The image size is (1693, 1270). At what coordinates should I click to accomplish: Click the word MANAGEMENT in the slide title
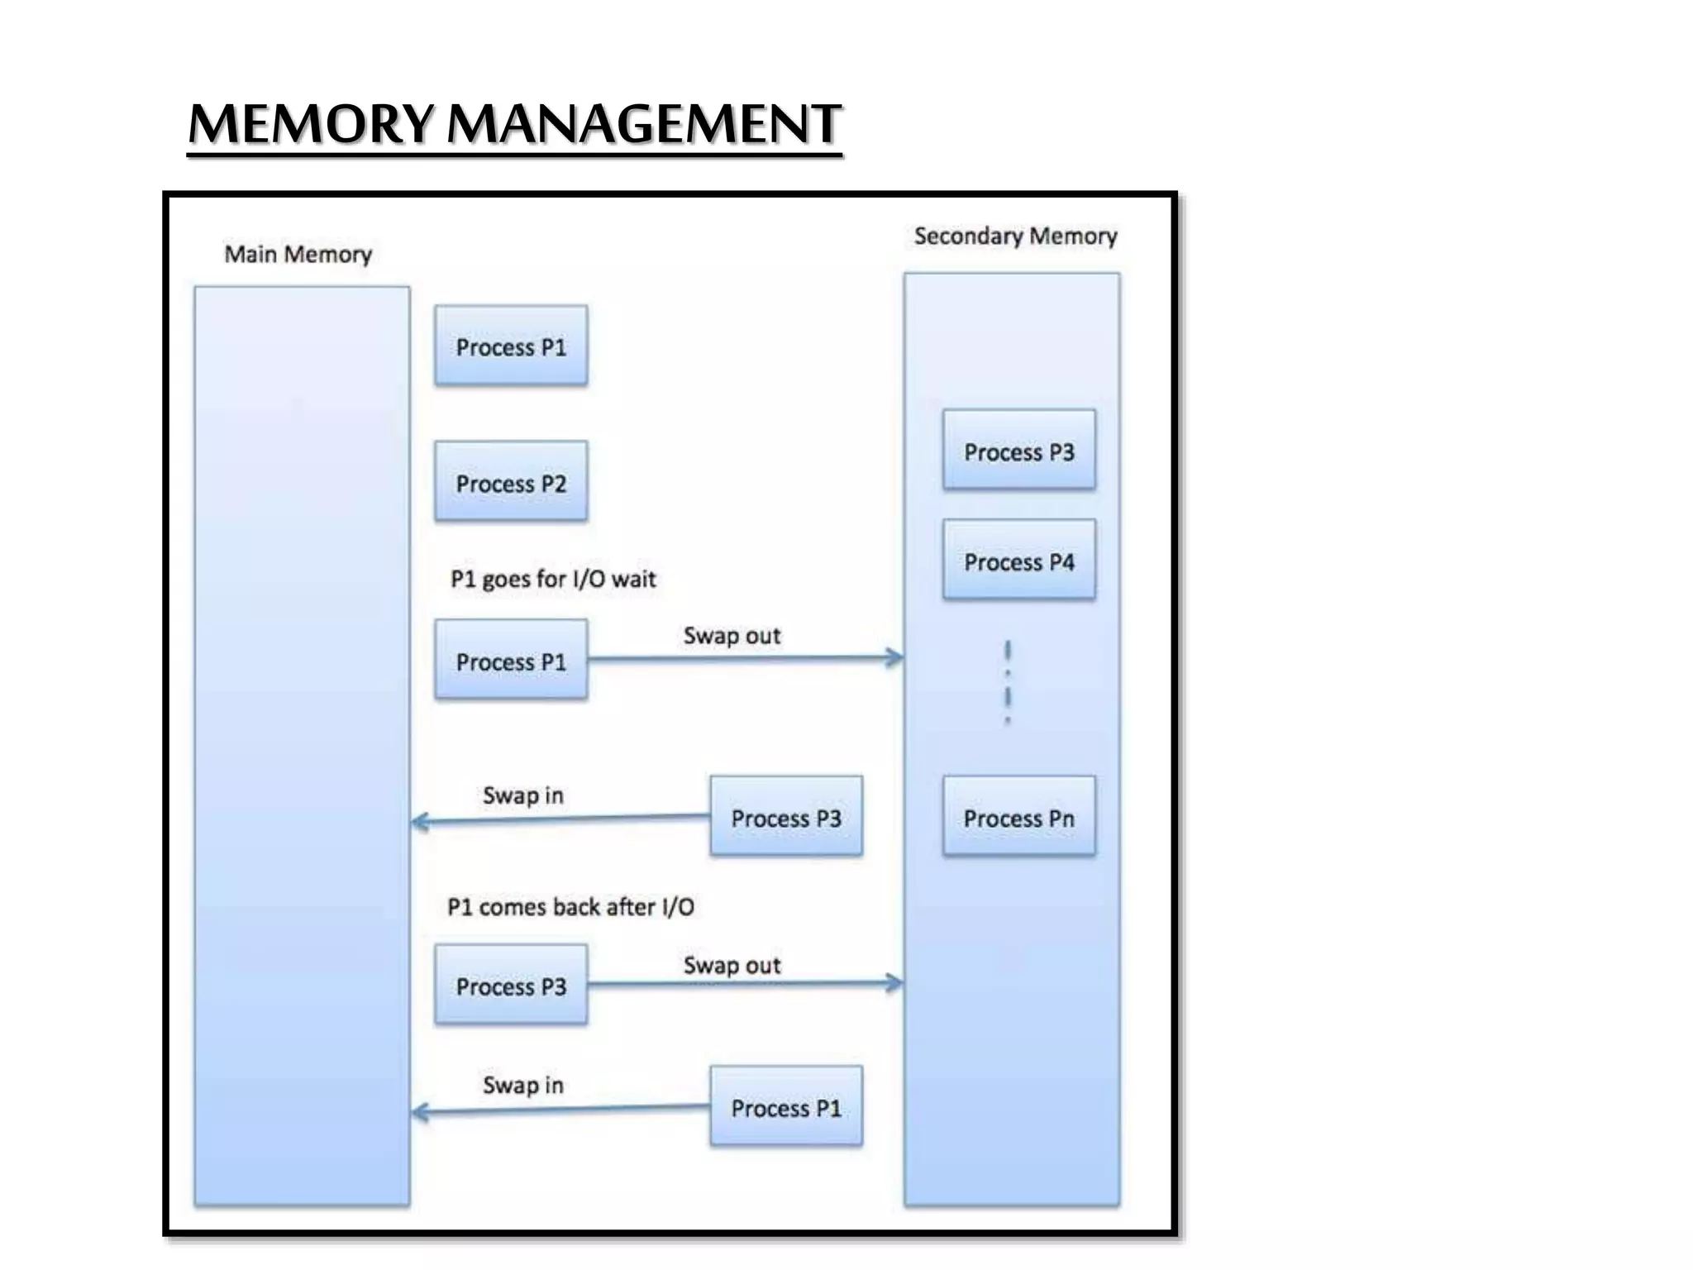click(x=644, y=124)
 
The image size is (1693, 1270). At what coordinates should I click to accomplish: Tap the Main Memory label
click(x=298, y=254)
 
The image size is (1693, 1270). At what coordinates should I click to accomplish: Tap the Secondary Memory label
click(x=1015, y=236)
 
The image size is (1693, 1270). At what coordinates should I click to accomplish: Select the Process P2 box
click(x=511, y=482)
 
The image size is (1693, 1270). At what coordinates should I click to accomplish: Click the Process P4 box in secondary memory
click(x=1018, y=561)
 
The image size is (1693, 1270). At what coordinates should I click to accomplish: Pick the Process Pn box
click(x=1018, y=817)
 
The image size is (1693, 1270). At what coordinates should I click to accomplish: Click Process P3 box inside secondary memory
click(x=1018, y=451)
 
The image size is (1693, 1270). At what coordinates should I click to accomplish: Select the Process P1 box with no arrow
click(x=511, y=346)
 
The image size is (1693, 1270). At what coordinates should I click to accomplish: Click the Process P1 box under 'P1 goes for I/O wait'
click(x=511, y=661)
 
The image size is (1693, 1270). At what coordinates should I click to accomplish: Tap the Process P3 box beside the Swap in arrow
click(x=785, y=817)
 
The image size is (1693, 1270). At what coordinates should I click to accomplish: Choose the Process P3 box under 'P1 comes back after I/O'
click(x=511, y=986)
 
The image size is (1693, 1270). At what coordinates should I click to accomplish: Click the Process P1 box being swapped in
click(x=785, y=1106)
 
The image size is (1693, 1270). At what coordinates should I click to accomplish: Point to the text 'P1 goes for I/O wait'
click(x=552, y=579)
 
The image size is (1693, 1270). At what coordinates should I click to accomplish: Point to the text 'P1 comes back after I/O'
click(x=570, y=907)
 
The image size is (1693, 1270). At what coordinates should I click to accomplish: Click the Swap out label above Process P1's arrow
click(x=732, y=636)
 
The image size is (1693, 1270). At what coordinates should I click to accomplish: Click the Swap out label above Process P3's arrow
click(x=732, y=965)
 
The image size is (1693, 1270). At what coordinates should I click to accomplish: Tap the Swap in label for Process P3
click(x=522, y=795)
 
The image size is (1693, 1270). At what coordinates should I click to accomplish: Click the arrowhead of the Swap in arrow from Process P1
click(x=420, y=1113)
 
